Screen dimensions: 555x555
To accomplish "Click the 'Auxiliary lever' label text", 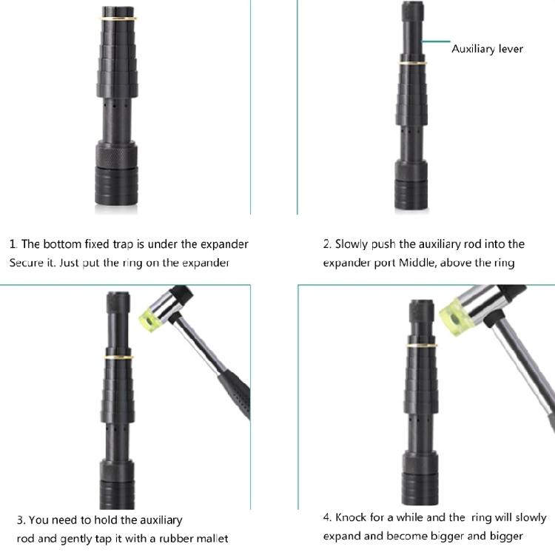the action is pos(487,49).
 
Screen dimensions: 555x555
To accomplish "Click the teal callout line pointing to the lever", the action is pos(436,41).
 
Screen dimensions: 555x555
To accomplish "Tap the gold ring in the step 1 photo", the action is pos(118,18).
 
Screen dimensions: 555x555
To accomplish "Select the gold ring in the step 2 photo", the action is pos(412,64).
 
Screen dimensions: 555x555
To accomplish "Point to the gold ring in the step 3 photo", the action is pos(118,357).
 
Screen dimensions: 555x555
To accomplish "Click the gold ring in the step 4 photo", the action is pos(421,345).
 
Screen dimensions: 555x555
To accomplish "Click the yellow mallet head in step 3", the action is pos(149,318).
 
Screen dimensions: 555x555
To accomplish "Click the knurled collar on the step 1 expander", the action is pos(116,154).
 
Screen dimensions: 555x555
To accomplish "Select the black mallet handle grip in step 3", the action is pos(235,394).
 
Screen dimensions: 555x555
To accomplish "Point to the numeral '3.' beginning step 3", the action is pos(21,520).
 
